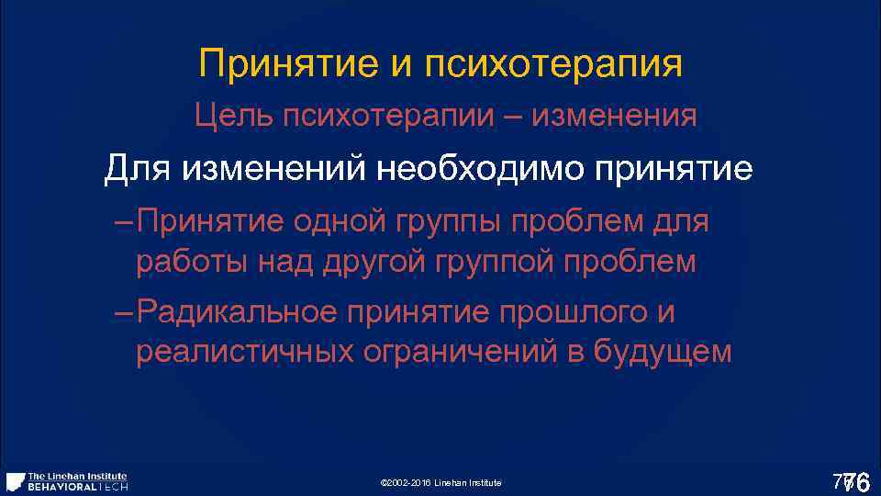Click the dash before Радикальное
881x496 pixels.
point(125,313)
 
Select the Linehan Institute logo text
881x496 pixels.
point(78,476)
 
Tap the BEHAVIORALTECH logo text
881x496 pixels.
point(78,486)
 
